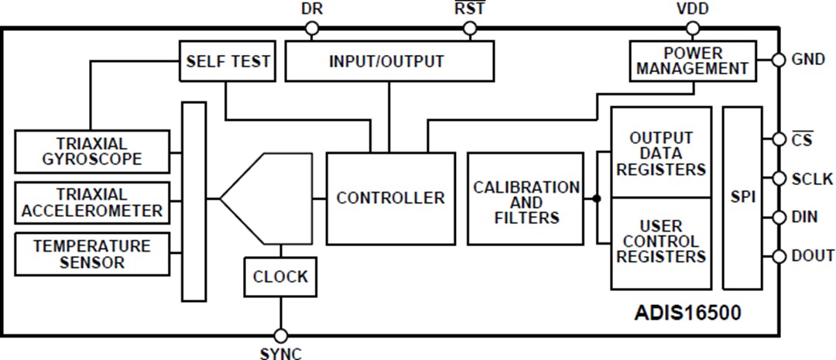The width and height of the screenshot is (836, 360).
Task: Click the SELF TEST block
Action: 228,60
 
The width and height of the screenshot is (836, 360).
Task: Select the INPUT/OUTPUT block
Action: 389,60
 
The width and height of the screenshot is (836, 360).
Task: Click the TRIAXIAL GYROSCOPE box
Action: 92,151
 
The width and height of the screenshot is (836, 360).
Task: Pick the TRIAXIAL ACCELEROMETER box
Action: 92,202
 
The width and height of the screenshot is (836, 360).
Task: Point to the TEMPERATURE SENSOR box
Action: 92,254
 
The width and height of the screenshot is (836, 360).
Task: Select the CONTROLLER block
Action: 390,198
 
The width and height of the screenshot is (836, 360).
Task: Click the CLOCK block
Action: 280,276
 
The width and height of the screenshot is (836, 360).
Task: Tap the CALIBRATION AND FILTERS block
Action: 526,199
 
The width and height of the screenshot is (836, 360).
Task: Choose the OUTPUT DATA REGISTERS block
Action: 660,153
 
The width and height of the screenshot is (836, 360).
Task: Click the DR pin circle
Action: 311,29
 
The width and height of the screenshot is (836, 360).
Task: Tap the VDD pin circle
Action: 692,29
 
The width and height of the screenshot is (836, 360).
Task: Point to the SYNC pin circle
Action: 280,336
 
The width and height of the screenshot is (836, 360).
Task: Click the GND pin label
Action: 808,60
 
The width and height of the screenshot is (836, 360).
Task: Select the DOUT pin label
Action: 813,255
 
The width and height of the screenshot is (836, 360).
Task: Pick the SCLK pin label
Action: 813,179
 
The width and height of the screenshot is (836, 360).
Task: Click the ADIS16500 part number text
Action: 687,313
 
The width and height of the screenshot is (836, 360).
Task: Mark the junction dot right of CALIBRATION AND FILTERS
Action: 596,199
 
